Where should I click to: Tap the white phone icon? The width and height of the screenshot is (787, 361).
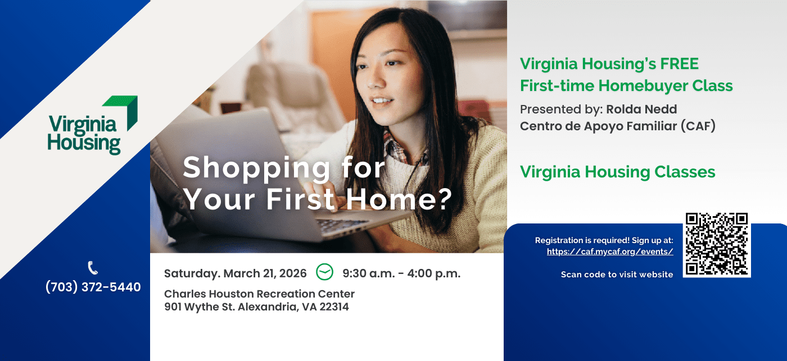(x=93, y=268)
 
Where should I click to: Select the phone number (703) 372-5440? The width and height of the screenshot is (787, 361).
(x=93, y=287)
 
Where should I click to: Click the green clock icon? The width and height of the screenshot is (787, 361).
(x=324, y=272)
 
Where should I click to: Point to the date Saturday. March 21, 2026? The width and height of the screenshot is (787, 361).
(x=236, y=273)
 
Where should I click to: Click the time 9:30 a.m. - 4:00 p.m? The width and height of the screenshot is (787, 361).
(x=401, y=273)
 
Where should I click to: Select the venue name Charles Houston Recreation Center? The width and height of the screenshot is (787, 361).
(x=259, y=294)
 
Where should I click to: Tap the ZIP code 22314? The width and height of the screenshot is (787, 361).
(x=334, y=307)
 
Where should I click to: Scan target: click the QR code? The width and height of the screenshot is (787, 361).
(x=717, y=245)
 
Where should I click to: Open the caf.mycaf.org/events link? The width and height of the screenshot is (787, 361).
(x=610, y=252)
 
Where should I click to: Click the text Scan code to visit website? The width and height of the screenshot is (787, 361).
(x=617, y=275)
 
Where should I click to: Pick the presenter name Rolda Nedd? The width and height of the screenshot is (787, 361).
(x=641, y=109)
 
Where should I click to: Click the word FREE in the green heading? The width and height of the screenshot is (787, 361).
(x=679, y=64)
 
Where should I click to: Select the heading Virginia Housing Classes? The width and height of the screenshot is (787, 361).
(x=617, y=172)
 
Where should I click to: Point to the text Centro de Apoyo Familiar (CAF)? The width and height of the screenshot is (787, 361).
(x=617, y=126)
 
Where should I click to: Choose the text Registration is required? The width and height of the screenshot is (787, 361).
(x=574, y=240)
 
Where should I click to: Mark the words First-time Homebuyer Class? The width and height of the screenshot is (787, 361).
(x=626, y=85)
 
